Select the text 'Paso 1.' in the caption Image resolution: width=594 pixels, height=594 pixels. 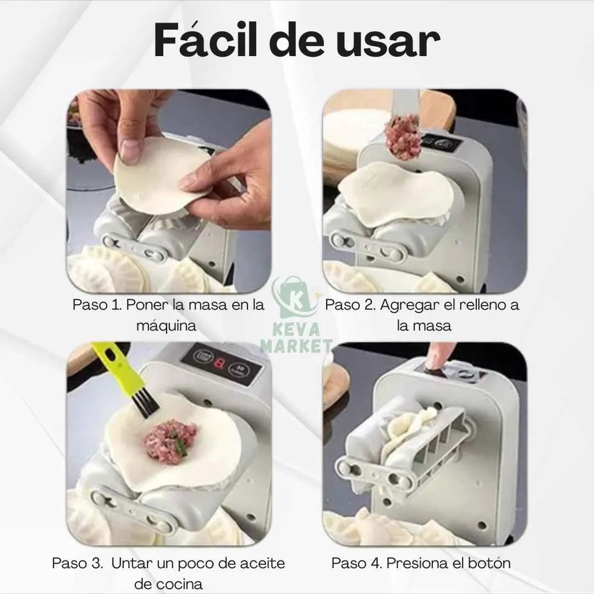97,305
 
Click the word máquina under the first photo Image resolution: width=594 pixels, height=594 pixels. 167,326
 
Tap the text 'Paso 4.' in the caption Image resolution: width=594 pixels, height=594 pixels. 356,563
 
